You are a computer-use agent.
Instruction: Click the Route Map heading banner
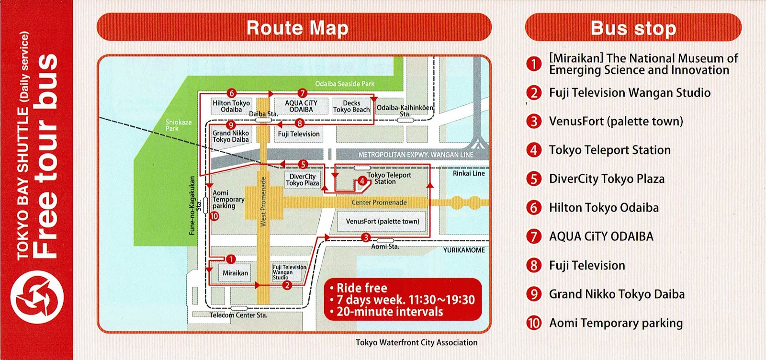pos(294,27)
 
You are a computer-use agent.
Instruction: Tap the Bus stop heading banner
pos(633,28)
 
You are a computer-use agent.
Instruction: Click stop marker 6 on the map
pos(232,93)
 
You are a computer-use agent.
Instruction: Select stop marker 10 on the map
pos(214,216)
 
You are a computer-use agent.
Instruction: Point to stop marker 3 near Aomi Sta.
pos(366,237)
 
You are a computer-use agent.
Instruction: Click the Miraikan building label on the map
pos(235,273)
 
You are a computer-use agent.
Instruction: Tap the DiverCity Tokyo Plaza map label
pos(302,180)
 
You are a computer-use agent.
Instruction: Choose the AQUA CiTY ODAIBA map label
pos(301,106)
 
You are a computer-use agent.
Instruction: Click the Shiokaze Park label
pos(179,125)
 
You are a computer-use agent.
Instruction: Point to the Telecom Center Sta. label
pos(238,315)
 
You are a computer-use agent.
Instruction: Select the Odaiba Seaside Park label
pos(345,84)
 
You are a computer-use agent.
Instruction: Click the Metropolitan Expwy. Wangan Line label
pos(416,155)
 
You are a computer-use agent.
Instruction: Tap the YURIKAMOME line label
pos(463,250)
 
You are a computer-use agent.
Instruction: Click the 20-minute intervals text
pos(390,312)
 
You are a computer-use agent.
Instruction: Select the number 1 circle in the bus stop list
pos(533,64)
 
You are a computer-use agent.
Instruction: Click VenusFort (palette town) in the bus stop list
pos(616,122)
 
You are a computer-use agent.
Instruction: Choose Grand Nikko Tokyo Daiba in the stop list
pos(617,294)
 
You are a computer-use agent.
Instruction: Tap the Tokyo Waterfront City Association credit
pos(417,342)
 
